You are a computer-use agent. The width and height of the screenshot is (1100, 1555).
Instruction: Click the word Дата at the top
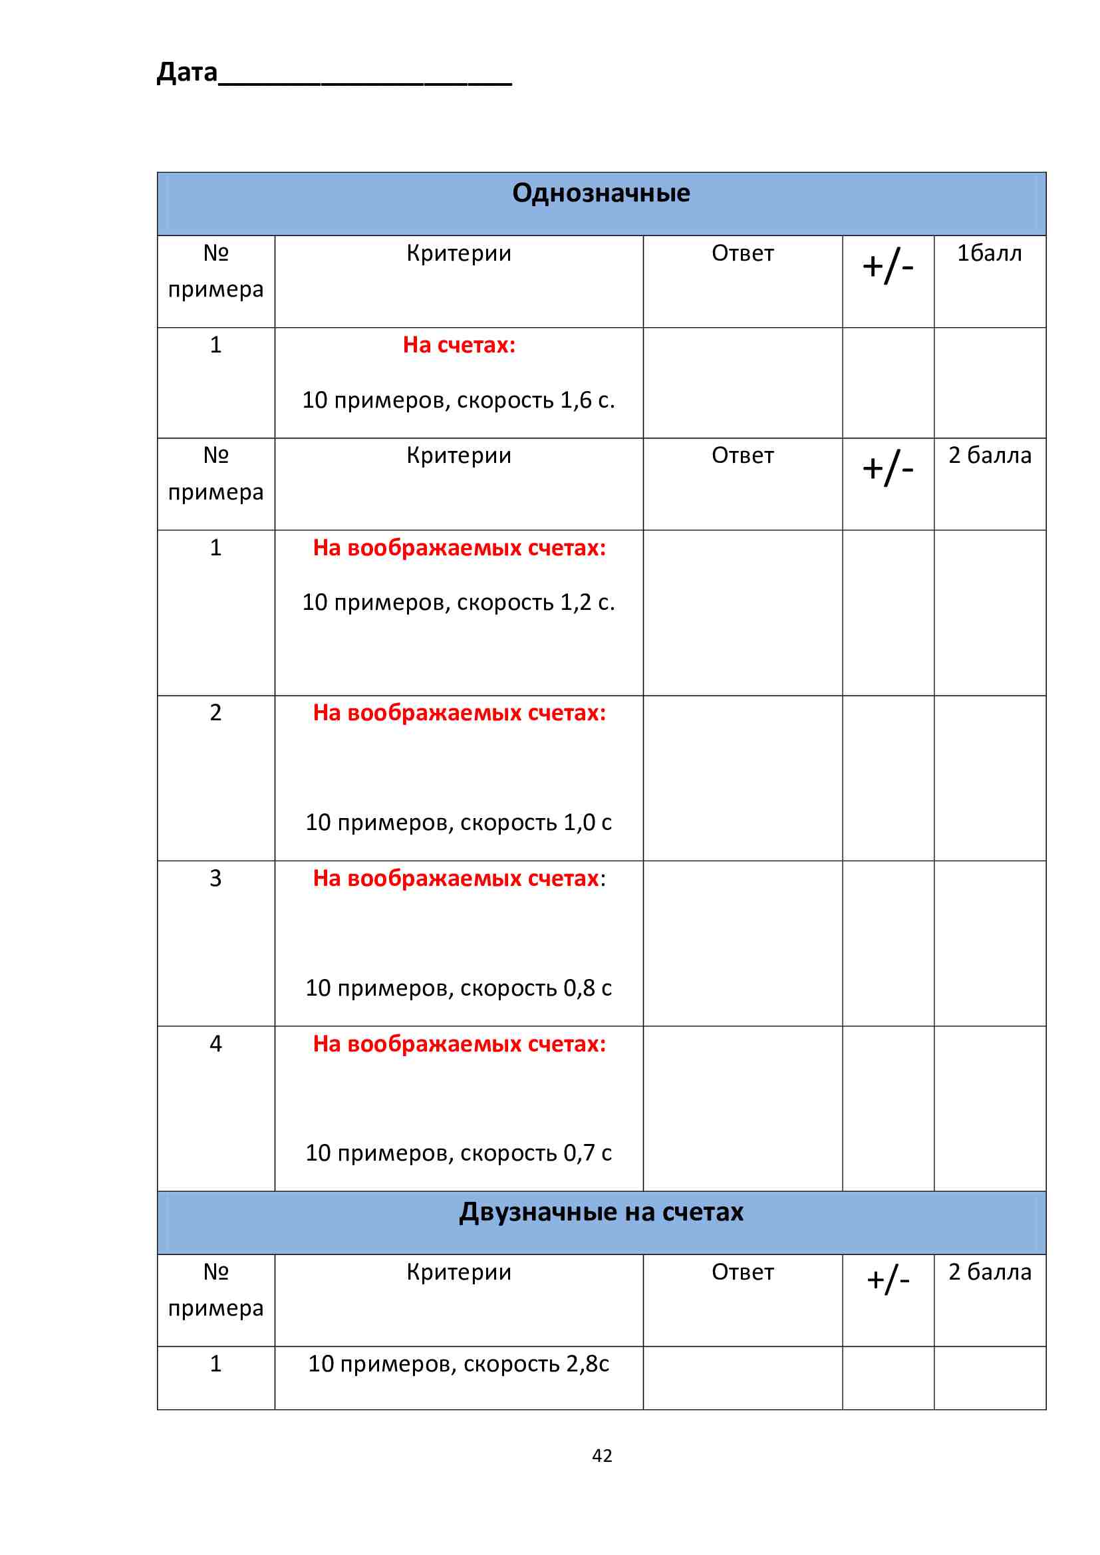point(187,72)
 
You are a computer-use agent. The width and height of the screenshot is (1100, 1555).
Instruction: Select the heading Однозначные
point(601,194)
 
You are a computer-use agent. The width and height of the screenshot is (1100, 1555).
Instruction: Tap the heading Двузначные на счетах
point(601,1212)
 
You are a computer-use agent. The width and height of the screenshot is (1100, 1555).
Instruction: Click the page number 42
point(601,1455)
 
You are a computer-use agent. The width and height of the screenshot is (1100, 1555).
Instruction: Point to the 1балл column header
point(989,253)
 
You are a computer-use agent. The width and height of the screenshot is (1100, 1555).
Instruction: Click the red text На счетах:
point(459,345)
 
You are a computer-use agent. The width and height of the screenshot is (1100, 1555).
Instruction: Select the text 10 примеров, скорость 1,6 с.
point(459,400)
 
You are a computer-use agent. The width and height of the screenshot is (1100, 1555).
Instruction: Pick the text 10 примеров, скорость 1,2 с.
point(459,602)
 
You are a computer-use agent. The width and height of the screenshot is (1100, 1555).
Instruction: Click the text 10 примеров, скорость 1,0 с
point(459,822)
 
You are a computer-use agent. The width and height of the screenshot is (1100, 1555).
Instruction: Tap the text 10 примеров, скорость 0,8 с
point(459,988)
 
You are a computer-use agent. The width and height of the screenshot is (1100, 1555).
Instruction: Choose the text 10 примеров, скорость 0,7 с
point(459,1153)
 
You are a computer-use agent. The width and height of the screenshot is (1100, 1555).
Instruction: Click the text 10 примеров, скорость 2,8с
point(459,1363)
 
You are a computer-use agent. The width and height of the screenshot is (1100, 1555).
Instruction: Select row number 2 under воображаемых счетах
point(215,712)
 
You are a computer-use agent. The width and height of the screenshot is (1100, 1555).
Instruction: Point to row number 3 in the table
point(215,879)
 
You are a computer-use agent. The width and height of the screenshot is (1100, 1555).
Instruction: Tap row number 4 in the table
point(215,1044)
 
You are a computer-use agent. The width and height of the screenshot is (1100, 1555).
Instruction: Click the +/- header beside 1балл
point(887,265)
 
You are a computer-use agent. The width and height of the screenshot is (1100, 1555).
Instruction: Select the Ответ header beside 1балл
point(742,253)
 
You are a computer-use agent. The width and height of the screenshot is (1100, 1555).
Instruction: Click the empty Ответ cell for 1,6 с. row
point(742,382)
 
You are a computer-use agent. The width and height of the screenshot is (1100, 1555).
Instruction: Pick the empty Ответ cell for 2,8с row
point(742,1377)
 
